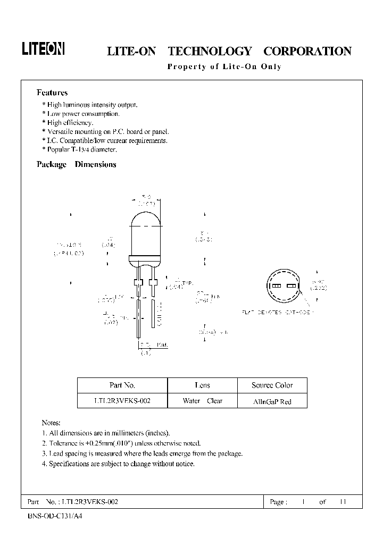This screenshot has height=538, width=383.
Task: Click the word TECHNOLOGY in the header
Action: tap(210, 52)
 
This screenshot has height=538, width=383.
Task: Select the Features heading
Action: tap(52, 93)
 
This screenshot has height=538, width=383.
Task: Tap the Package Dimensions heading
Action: tap(76, 164)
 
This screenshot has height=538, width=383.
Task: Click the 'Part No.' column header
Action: tap(122, 385)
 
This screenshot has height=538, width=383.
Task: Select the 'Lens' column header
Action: tap(202, 385)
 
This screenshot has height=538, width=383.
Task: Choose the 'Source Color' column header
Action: tap(272, 385)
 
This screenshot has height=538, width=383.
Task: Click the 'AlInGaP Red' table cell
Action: tap(272, 402)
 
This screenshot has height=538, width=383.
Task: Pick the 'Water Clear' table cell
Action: tap(202, 401)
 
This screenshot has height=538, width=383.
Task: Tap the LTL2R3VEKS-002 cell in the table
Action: tap(122, 401)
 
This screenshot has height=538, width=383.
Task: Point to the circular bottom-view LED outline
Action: tap(282, 287)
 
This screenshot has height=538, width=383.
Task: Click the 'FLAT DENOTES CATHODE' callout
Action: tap(277, 312)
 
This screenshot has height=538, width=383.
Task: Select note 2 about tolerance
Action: tap(121, 443)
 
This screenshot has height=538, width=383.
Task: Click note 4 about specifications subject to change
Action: tap(118, 464)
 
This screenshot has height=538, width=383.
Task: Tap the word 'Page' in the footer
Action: tap(279, 502)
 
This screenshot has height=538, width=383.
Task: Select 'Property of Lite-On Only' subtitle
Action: tap(224, 67)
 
